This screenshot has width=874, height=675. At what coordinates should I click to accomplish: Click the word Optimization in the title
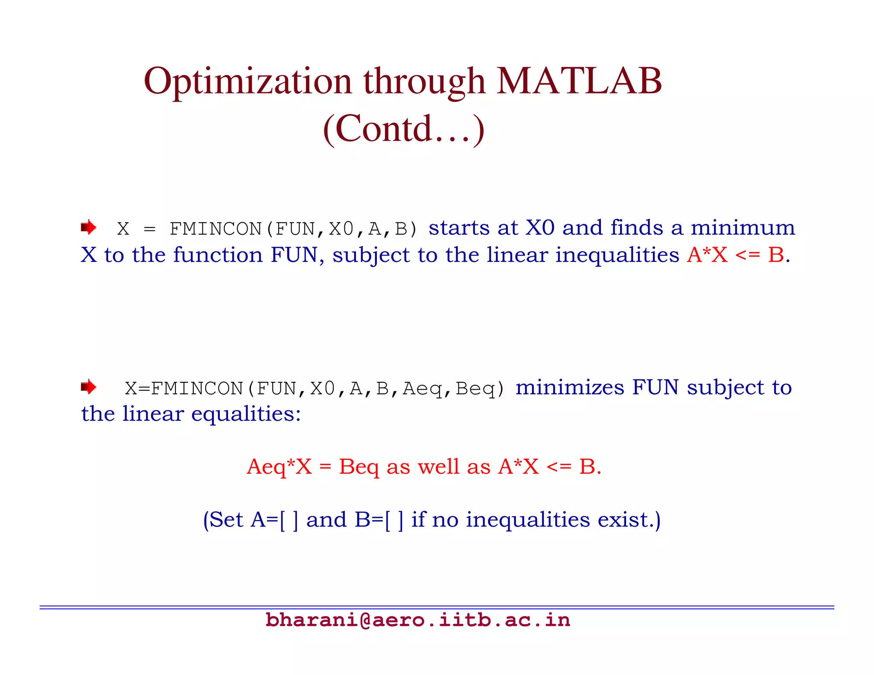click(x=248, y=82)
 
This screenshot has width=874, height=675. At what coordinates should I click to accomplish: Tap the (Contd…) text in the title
click(x=404, y=129)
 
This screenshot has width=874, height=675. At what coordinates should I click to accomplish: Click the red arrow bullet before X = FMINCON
click(x=88, y=227)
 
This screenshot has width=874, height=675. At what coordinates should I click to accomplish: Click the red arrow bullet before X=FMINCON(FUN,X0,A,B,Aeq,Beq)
click(x=88, y=387)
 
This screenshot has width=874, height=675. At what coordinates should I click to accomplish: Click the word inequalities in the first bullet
click(x=617, y=255)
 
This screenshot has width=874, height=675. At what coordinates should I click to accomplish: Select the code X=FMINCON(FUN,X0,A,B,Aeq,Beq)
click(x=315, y=389)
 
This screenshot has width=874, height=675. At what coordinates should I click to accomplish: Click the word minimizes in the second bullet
click(x=570, y=387)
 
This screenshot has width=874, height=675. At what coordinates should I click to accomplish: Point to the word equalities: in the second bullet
click(x=246, y=414)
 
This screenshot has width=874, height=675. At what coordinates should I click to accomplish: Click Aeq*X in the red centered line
click(x=279, y=467)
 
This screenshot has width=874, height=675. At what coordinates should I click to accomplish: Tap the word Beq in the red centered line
click(x=358, y=467)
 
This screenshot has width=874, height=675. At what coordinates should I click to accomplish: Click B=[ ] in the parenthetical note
click(x=379, y=520)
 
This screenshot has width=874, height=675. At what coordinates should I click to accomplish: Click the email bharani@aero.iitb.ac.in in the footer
click(x=417, y=620)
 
